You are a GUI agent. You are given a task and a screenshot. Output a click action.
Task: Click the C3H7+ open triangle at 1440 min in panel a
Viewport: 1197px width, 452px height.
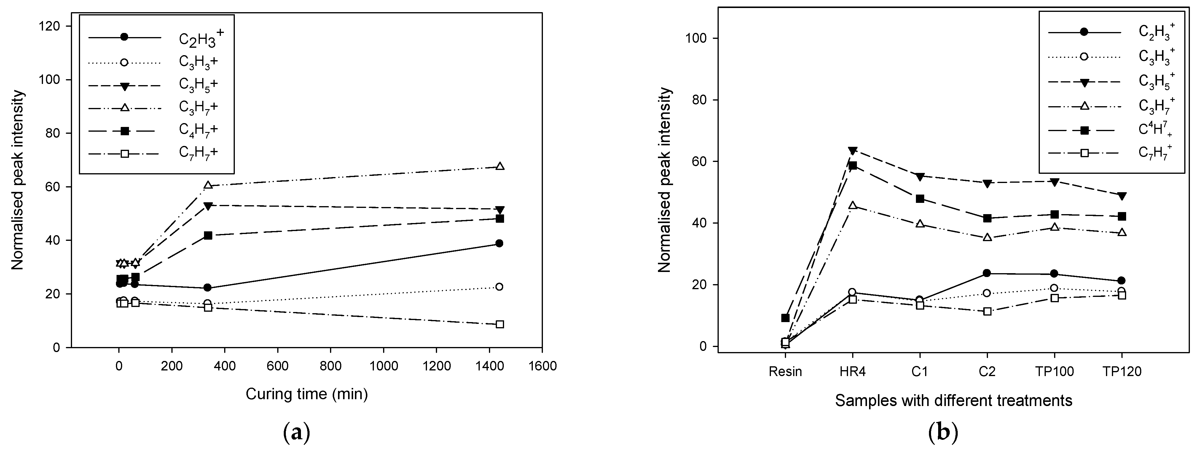(x=500, y=166)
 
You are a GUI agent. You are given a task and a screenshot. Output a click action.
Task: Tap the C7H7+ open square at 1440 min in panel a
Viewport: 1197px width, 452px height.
(x=500, y=324)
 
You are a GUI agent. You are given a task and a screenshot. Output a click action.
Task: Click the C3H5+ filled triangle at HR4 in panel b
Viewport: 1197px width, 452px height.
(x=853, y=151)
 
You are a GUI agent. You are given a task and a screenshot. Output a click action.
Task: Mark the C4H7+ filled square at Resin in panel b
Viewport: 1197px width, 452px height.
(x=785, y=318)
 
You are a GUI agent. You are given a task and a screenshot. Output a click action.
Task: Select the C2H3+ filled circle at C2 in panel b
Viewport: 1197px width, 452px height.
(x=987, y=273)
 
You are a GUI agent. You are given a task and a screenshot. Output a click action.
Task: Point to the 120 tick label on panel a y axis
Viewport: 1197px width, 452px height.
(x=50, y=26)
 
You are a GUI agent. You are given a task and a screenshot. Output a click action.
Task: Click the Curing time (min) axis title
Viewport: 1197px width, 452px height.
(x=307, y=394)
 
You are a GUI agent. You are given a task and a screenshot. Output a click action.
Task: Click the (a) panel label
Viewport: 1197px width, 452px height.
(x=296, y=433)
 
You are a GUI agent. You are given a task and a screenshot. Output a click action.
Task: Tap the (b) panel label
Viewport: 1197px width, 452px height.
(x=943, y=433)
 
